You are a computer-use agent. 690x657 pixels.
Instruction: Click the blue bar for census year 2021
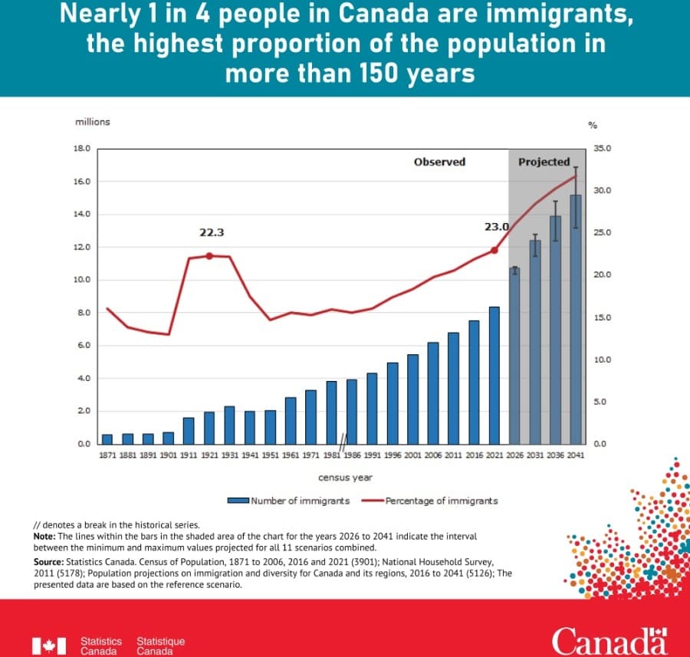495,375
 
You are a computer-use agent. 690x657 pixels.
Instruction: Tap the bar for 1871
107,439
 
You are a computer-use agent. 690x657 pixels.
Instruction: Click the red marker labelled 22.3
209,255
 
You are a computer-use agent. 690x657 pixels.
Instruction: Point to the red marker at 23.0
495,250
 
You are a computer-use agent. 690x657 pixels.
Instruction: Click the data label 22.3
212,232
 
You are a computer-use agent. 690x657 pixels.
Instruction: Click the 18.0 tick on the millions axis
82,149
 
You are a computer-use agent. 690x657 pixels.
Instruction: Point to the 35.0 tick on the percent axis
600,149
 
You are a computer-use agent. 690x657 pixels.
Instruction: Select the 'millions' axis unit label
92,122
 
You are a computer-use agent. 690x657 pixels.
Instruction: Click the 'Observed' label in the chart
439,162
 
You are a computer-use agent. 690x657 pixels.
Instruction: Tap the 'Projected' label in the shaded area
544,162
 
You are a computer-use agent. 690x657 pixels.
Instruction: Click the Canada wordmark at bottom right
609,640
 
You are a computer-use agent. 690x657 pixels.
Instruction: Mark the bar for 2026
515,356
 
